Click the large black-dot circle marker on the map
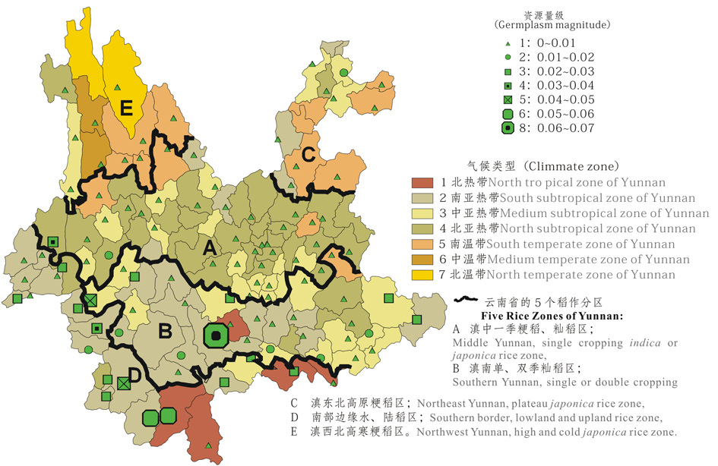[217, 335]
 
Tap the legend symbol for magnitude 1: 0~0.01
[507, 43]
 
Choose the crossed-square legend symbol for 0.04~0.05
[507, 99]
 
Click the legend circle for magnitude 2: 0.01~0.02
[507, 57]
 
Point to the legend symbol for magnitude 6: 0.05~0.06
[507, 114]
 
